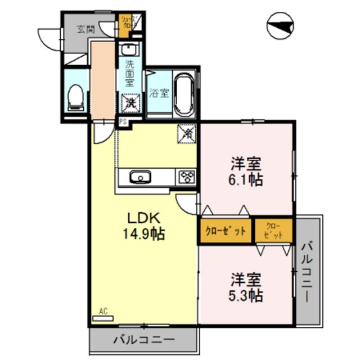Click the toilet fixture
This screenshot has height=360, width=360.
click(75, 97)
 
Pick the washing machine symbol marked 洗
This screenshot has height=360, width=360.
click(130, 102)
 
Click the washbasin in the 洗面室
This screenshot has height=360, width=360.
click(130, 49)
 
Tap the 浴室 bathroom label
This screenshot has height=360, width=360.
click(159, 93)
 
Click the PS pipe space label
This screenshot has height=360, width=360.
click(122, 120)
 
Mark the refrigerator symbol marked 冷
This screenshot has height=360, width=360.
click(187, 134)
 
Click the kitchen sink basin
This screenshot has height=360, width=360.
click(139, 178)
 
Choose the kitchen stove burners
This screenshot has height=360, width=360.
click(186, 178)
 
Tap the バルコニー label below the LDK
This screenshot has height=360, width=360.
click(143, 340)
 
